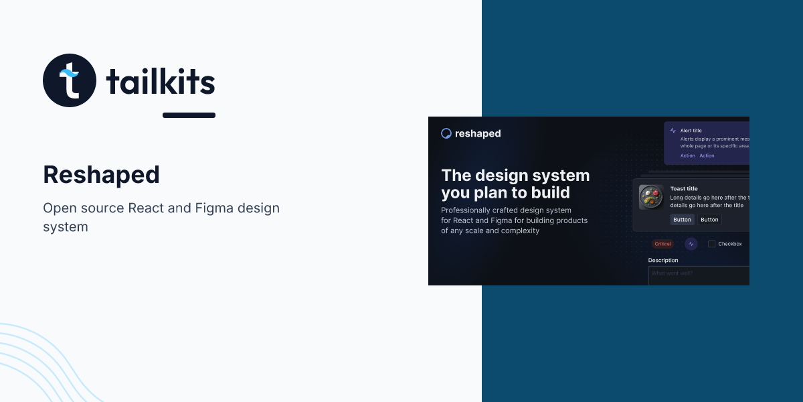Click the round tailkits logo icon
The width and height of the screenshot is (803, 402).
[70, 80]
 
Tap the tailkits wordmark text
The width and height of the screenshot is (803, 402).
[161, 82]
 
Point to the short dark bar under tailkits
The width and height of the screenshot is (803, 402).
[189, 115]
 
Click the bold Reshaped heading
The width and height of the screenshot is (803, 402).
[101, 175]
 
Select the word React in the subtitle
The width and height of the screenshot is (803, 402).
[146, 208]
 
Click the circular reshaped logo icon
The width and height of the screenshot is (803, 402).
[446, 133]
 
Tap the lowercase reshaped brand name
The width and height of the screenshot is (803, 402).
[478, 133]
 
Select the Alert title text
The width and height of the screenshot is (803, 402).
[691, 131]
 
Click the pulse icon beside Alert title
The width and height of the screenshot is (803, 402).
[673, 131]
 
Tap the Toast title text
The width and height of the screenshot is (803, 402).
[684, 189]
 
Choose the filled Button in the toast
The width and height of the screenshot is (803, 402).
[682, 220]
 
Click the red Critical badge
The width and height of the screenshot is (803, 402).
[662, 244]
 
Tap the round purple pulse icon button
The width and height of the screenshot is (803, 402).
[691, 244]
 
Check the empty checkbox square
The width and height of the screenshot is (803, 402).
[711, 244]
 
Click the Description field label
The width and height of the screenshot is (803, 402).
[663, 260]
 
